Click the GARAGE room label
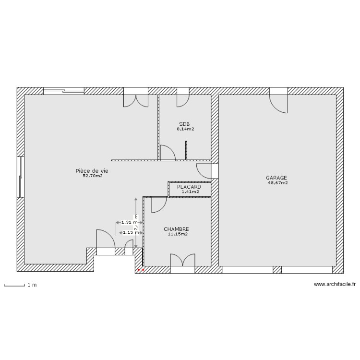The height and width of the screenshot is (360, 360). pos(276,178)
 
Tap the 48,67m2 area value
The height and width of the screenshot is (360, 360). pos(278,183)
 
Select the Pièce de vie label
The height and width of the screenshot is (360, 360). pos(91,171)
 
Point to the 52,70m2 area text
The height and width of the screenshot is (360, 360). pos(93,176)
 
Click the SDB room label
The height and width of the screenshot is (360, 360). pos(184,124)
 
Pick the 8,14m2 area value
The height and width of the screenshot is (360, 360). pos(185,129)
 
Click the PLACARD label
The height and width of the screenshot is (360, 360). pos(189,187)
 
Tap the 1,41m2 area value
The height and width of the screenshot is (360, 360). pos(190,192)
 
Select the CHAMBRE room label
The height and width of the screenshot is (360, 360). pos(176,229)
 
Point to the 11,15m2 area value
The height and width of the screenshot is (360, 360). pos(178,235)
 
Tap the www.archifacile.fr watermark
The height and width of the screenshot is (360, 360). pos(335,284)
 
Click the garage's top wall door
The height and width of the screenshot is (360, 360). pos(278,101)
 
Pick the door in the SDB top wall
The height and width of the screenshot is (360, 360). pos(183,98)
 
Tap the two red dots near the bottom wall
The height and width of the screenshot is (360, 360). pos(141,270)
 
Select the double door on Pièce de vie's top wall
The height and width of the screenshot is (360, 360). pos(136,98)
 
